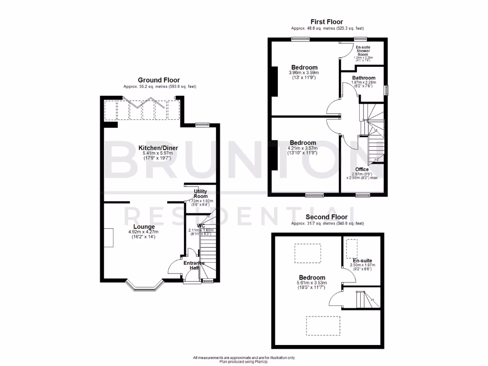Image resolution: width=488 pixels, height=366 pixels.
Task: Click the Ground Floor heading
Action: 159,80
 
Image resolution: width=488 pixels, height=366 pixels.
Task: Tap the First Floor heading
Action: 326,21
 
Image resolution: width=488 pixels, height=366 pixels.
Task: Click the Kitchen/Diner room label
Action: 158,148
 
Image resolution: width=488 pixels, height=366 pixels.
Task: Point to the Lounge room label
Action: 143,226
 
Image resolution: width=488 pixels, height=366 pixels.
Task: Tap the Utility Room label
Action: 200,193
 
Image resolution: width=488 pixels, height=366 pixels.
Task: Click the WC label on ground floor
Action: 201,225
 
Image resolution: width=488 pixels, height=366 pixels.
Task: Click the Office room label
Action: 362,169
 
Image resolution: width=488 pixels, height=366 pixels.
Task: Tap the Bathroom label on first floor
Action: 364,78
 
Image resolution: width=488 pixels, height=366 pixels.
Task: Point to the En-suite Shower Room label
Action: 363,51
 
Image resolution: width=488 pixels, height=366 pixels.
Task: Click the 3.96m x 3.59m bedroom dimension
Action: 303,73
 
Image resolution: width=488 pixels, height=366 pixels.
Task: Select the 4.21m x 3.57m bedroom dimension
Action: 303,148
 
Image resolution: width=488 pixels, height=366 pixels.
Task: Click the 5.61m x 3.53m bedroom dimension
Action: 312,283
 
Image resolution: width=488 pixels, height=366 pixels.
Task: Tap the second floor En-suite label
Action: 363,261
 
